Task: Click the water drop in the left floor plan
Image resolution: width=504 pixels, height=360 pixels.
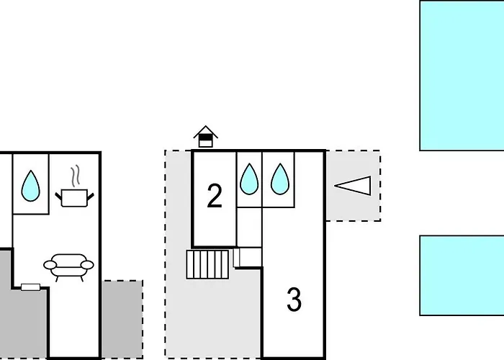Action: pyautogui.click(x=30, y=186)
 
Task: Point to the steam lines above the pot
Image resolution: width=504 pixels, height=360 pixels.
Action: pyautogui.click(x=75, y=176)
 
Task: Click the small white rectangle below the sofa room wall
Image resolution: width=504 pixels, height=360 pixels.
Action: pyautogui.click(x=31, y=287)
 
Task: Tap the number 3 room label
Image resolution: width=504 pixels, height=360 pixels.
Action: pyautogui.click(x=294, y=300)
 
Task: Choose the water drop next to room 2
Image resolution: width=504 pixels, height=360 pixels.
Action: pyautogui.click(x=249, y=179)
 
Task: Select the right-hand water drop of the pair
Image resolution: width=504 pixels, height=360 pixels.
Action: pyautogui.click(x=279, y=179)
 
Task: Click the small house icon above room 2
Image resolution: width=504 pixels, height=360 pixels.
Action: pyautogui.click(x=206, y=135)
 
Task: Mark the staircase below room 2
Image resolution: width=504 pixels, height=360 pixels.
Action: pyautogui.click(x=207, y=264)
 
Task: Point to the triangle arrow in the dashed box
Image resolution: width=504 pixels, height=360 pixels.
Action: pyautogui.click(x=354, y=186)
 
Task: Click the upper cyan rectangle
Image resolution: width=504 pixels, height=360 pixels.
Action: pyautogui.click(x=462, y=75)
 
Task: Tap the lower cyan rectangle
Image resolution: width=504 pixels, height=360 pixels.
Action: pyautogui.click(x=462, y=275)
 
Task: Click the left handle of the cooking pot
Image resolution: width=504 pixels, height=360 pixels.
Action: pyautogui.click(x=58, y=194)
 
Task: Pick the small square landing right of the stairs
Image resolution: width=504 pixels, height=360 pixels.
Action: pyautogui.click(x=249, y=257)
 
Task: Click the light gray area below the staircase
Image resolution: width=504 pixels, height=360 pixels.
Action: pyautogui.click(x=212, y=317)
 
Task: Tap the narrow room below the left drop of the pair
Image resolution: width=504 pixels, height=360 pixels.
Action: pyautogui.click(x=249, y=227)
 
